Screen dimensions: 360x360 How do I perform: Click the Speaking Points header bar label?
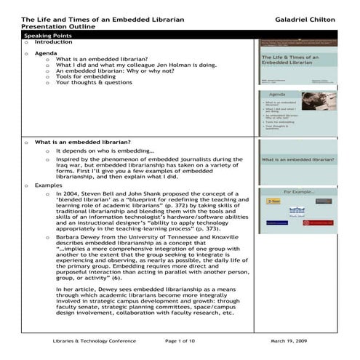pyautogui.click(x=45, y=35)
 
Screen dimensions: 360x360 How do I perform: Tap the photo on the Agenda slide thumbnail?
pyautogui.click(x=319, y=101)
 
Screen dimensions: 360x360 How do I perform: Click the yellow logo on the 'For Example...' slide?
pyautogui.click(x=273, y=200)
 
